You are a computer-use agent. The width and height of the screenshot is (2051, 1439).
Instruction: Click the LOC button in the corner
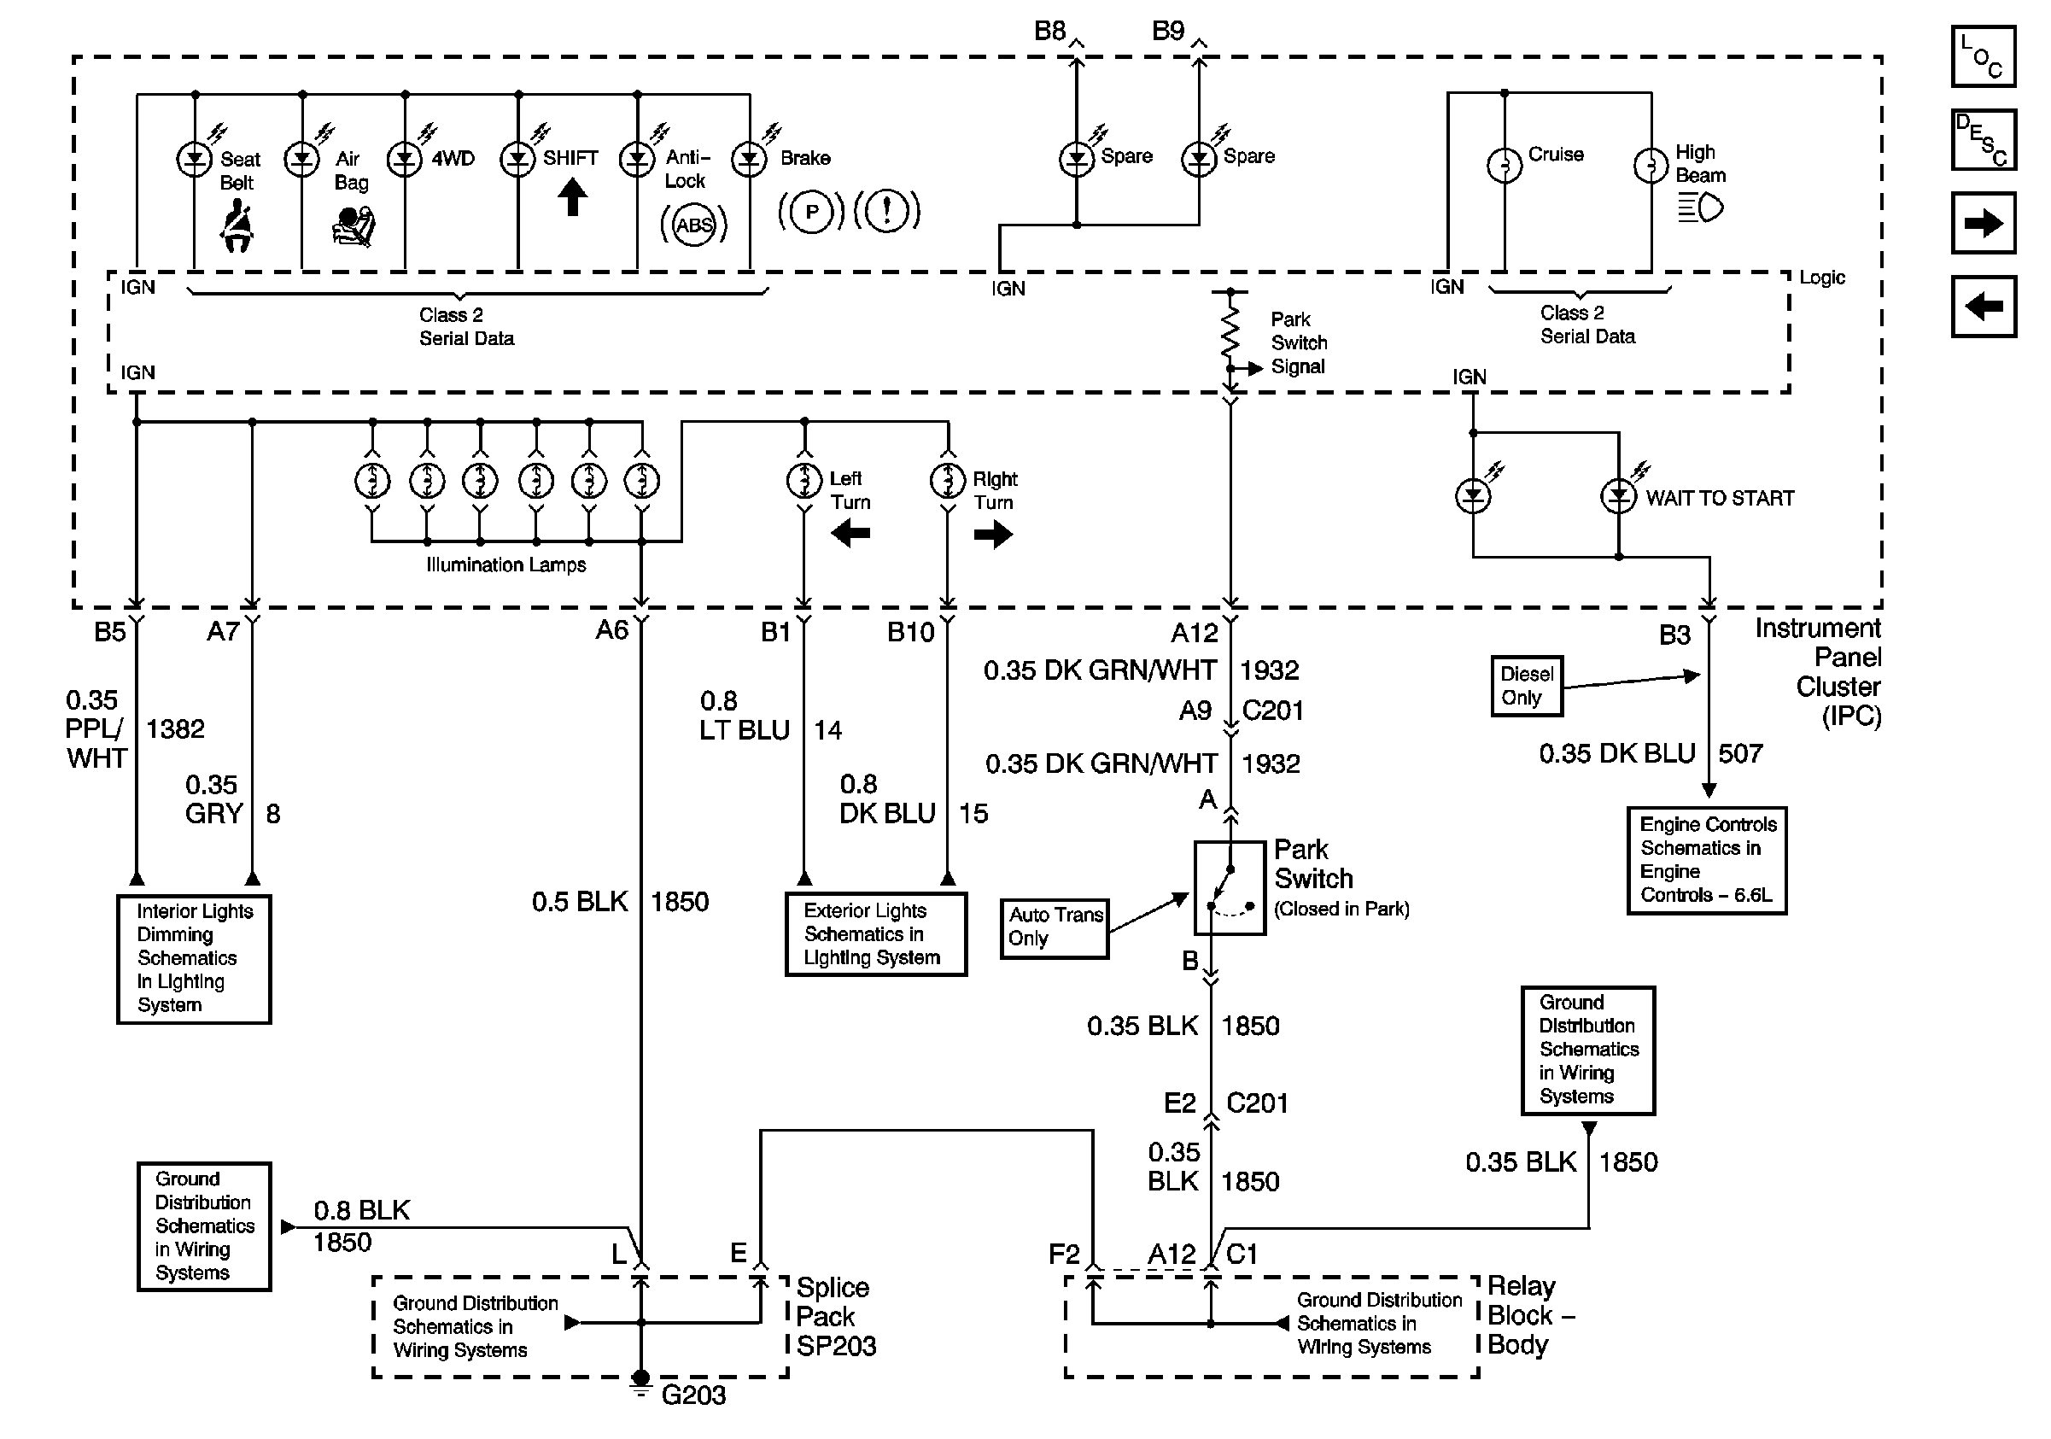click(1982, 56)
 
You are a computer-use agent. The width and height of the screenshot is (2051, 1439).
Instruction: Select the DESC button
click(1982, 139)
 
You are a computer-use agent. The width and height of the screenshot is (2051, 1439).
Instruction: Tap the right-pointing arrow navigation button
click(1983, 222)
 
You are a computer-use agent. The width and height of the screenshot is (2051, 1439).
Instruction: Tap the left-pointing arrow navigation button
click(1983, 307)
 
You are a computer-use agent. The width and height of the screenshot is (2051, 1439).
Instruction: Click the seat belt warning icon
click(237, 226)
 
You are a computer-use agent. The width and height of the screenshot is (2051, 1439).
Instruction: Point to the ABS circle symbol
click(694, 225)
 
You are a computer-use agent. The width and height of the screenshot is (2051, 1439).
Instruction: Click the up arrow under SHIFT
click(573, 197)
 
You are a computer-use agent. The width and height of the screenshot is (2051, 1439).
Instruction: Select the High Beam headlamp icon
click(1701, 208)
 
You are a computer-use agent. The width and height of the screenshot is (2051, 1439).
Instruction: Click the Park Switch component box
click(1230, 888)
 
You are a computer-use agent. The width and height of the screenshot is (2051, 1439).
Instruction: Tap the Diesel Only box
click(1527, 686)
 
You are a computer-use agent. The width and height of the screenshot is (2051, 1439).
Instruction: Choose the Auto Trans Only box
click(1054, 928)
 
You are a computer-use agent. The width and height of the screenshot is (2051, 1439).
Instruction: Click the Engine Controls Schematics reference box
click(1706, 860)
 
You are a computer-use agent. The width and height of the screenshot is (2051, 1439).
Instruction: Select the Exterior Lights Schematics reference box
click(875, 934)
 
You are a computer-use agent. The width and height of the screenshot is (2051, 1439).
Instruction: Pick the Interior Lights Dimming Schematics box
click(194, 958)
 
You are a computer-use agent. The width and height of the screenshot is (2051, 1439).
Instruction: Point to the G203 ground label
click(693, 1395)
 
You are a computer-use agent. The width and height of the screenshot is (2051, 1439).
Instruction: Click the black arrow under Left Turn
click(850, 534)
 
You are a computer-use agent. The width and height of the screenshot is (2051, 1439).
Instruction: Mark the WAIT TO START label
click(1720, 499)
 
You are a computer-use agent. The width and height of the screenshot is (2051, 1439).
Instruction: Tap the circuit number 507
click(1740, 754)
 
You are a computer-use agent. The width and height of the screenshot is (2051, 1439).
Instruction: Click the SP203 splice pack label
click(836, 1346)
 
